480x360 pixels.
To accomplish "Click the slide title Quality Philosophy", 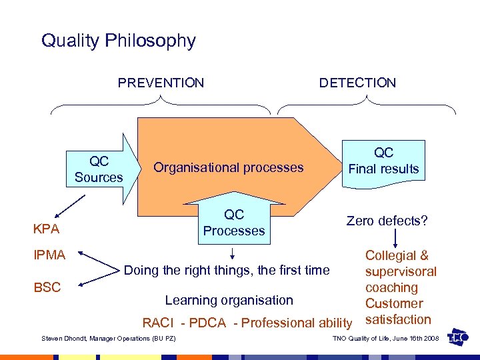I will [x=118, y=41].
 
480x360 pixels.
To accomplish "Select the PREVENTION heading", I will [x=161, y=83].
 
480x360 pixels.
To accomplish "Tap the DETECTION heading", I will [x=357, y=83].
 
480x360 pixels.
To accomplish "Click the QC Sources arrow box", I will [x=100, y=169].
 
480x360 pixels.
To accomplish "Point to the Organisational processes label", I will [x=228, y=167].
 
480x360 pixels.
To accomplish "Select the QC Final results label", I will [x=383, y=161].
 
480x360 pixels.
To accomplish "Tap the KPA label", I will [x=47, y=230].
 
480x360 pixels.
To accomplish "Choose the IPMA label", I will [x=49, y=255].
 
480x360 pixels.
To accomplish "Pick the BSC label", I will [x=47, y=288].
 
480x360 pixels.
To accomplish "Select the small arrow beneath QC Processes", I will [x=233, y=254].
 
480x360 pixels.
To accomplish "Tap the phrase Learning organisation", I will [x=229, y=301].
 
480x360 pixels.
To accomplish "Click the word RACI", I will [x=157, y=323].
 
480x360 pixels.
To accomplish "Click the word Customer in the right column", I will [x=394, y=303].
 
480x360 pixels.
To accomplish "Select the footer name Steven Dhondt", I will [x=63, y=339].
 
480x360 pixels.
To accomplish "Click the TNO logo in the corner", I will [x=458, y=337].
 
